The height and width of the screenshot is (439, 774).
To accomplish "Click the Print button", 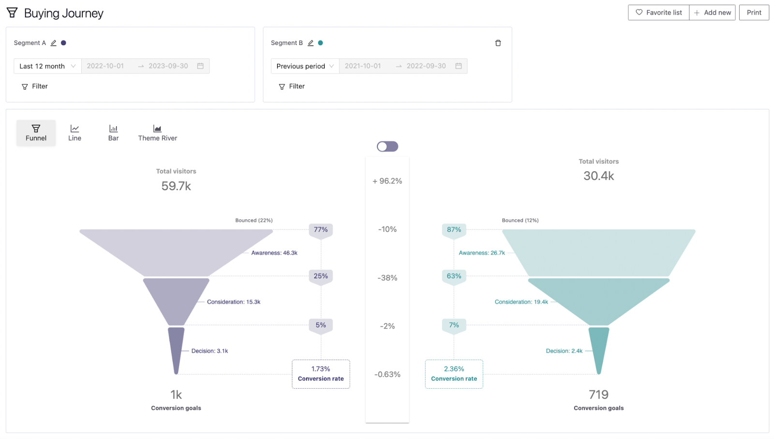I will click(x=754, y=13).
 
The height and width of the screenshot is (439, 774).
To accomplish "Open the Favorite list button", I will click(x=658, y=13).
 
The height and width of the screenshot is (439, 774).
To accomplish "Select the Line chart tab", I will click(x=74, y=133).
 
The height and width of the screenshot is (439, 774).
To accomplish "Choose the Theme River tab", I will click(x=157, y=133).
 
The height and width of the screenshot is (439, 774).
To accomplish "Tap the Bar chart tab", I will click(x=113, y=133).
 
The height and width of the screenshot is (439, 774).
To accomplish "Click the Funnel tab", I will click(x=36, y=133).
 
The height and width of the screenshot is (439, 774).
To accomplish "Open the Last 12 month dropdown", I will click(x=47, y=66).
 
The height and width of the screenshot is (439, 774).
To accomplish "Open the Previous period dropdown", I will click(x=305, y=66).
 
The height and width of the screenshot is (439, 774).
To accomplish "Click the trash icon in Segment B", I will click(x=498, y=43).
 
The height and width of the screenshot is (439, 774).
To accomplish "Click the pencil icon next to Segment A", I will click(x=54, y=43).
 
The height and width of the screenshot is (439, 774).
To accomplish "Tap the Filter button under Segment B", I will click(x=292, y=86).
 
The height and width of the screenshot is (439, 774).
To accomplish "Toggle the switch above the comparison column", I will click(x=387, y=146).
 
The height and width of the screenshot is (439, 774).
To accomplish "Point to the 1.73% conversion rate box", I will click(x=321, y=374).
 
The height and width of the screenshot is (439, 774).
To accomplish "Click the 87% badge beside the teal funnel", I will click(x=454, y=229).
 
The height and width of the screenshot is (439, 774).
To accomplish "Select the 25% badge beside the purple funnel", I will click(x=321, y=276).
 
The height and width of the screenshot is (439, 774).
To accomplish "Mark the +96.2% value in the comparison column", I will click(x=387, y=181).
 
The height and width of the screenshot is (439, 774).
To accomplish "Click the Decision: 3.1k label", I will click(x=209, y=351).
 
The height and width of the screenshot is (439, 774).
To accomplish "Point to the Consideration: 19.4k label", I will click(x=521, y=302).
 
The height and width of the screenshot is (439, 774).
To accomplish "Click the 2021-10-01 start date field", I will click(x=363, y=66).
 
